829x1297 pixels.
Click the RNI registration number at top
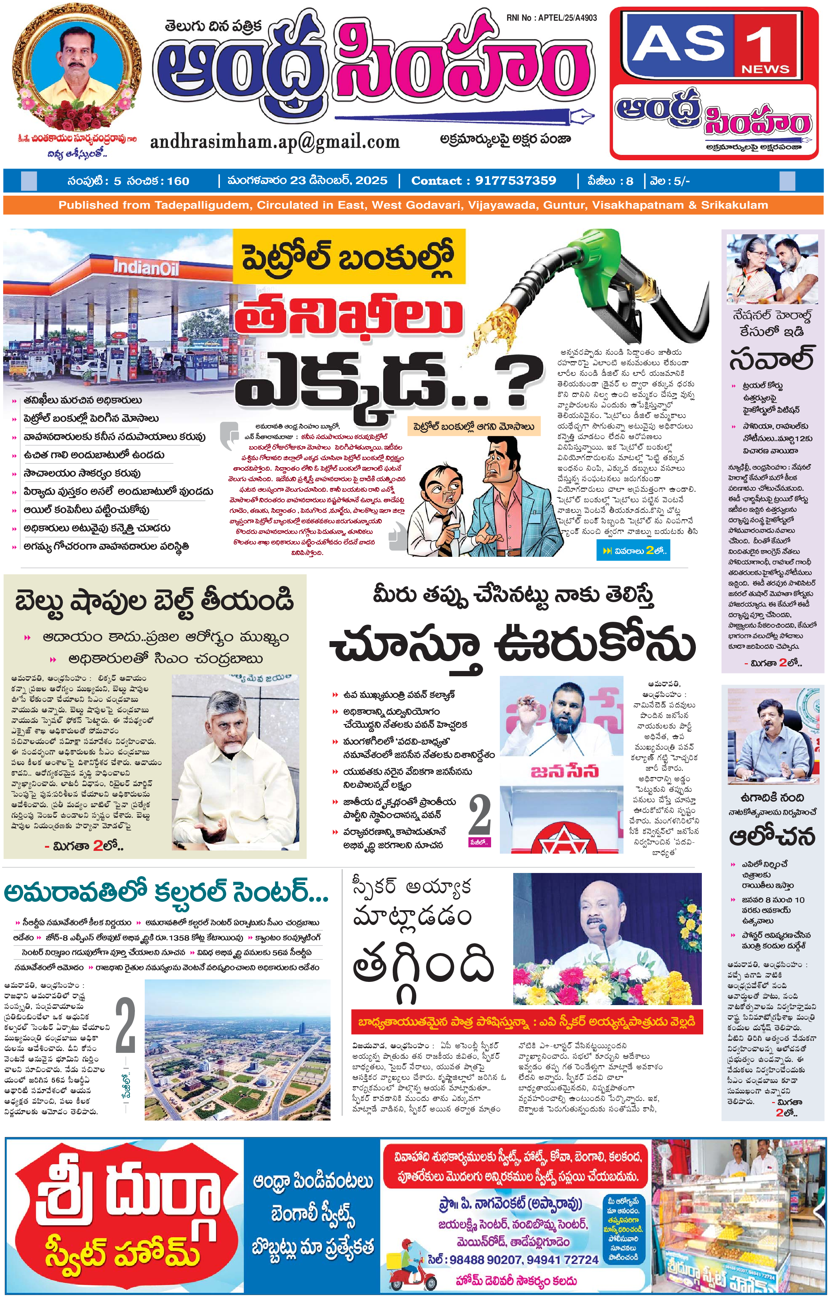tap(551, 18)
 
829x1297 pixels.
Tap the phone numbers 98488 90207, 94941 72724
tap(513, 1260)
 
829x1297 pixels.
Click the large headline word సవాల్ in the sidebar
tap(771, 359)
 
